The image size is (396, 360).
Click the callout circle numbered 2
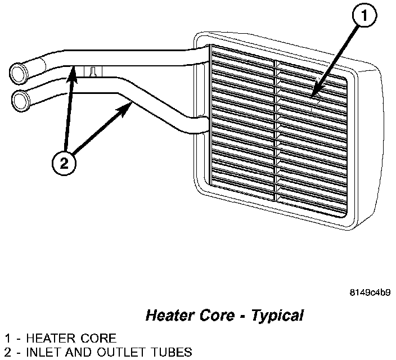[65, 163]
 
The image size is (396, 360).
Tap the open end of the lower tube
[22, 99]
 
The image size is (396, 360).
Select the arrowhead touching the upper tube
[73, 70]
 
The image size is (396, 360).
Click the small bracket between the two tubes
[93, 71]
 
